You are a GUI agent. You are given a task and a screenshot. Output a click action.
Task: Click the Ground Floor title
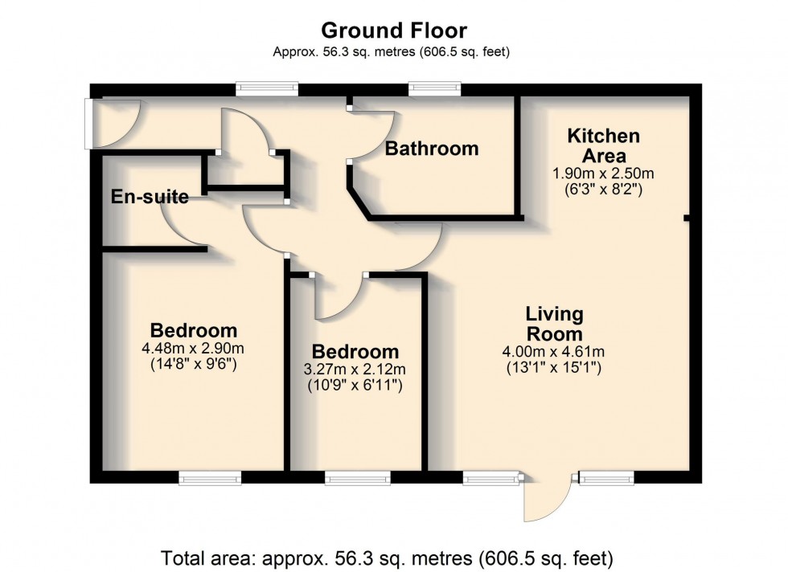click(394, 31)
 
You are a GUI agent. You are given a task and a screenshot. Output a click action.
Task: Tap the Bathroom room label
click(432, 149)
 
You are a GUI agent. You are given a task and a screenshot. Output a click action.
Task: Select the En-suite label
click(150, 196)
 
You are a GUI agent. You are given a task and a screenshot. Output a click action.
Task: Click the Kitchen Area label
click(604, 145)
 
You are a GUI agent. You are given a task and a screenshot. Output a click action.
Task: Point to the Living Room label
click(554, 324)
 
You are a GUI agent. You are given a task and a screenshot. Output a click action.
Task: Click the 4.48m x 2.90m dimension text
click(194, 348)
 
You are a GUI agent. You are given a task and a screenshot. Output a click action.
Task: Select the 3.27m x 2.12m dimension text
click(355, 369)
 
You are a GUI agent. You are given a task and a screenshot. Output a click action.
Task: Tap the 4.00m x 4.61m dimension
click(553, 352)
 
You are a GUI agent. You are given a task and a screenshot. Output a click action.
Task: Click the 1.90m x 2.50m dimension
click(603, 174)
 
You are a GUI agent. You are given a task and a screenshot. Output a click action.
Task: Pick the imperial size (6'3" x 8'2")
click(603, 190)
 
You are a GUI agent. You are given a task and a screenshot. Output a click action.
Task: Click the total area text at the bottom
click(387, 558)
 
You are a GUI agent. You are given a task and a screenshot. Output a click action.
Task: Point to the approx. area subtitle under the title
click(391, 51)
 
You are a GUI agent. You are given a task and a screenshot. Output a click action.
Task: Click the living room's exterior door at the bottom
click(548, 496)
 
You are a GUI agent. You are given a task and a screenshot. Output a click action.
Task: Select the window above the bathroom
click(434, 90)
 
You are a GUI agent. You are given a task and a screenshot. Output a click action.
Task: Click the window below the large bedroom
click(210, 478)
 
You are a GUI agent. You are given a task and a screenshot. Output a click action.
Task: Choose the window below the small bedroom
click(357, 478)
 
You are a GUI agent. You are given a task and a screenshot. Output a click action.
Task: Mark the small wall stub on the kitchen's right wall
click(687, 218)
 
